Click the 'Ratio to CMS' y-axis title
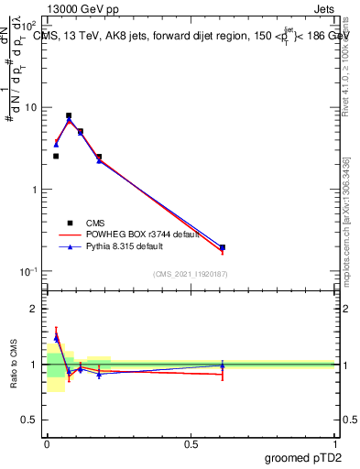[13, 364]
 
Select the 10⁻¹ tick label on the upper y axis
[29, 272]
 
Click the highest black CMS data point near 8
[69, 116]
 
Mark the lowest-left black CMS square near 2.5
[56, 157]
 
